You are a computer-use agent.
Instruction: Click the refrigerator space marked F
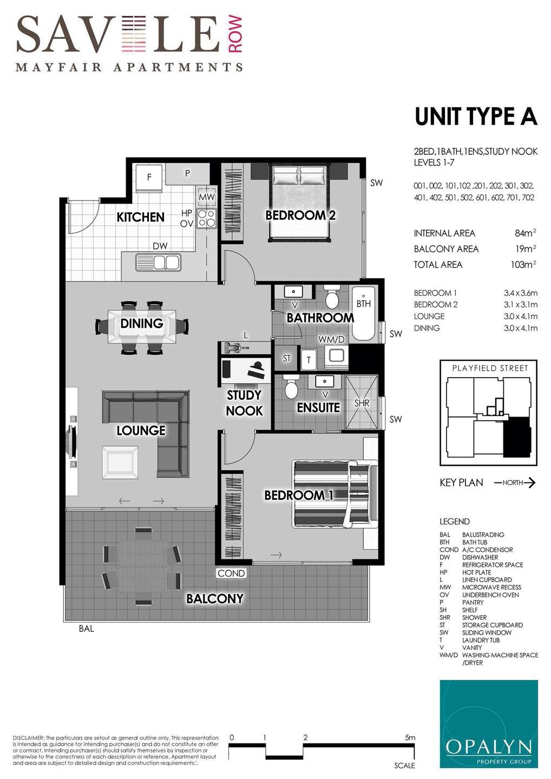[149, 177]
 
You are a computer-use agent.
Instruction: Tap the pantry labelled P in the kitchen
[187, 174]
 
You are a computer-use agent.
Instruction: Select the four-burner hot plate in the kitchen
[206, 218]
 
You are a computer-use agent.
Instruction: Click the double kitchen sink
[158, 262]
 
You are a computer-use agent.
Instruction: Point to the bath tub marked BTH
[363, 313]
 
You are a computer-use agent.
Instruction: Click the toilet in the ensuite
[291, 386]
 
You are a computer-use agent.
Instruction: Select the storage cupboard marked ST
[286, 358]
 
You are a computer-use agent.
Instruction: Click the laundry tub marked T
[309, 360]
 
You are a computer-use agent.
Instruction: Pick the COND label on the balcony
[231, 573]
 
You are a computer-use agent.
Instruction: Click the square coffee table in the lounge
[120, 463]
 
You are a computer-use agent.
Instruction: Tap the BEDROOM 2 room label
[300, 215]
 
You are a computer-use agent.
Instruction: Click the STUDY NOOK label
[244, 402]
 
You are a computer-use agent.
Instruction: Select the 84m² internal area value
[525, 233]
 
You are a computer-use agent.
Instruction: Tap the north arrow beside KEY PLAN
[515, 483]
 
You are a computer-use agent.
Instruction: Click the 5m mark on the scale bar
[410, 738]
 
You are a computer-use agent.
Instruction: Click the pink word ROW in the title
[235, 35]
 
